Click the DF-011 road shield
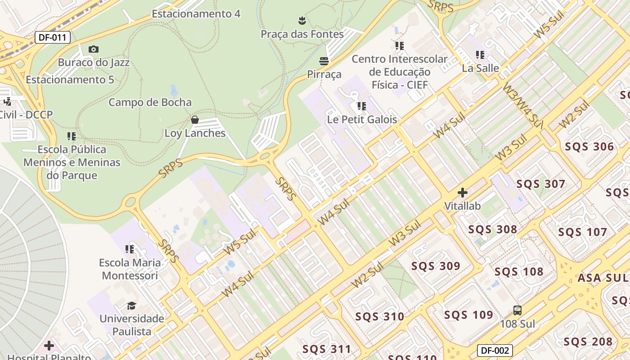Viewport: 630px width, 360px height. click(53, 37)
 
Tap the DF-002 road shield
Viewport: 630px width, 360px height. click(495, 351)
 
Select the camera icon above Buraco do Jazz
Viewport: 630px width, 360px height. click(94, 49)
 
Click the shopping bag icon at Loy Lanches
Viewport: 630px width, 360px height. click(195, 120)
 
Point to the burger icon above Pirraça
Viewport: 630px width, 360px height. click(324, 61)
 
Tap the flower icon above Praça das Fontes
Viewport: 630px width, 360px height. click(302, 20)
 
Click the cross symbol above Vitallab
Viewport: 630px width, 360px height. click(462, 193)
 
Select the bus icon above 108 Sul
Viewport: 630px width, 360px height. click(517, 310)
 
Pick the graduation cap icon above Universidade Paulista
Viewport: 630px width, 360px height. click(131, 306)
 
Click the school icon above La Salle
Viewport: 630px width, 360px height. click(480, 55)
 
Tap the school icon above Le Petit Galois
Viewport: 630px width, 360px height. click(362, 106)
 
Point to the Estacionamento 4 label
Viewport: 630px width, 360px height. click(196, 14)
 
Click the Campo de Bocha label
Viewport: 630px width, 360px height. click(150, 102)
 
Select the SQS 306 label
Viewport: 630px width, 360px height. click(589, 147)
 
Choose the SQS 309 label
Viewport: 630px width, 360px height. click(436, 266)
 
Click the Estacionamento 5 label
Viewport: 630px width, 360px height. click(70, 80)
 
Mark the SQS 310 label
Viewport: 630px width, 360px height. click(380, 316)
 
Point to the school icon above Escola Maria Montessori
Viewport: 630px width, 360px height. click(130, 249)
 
